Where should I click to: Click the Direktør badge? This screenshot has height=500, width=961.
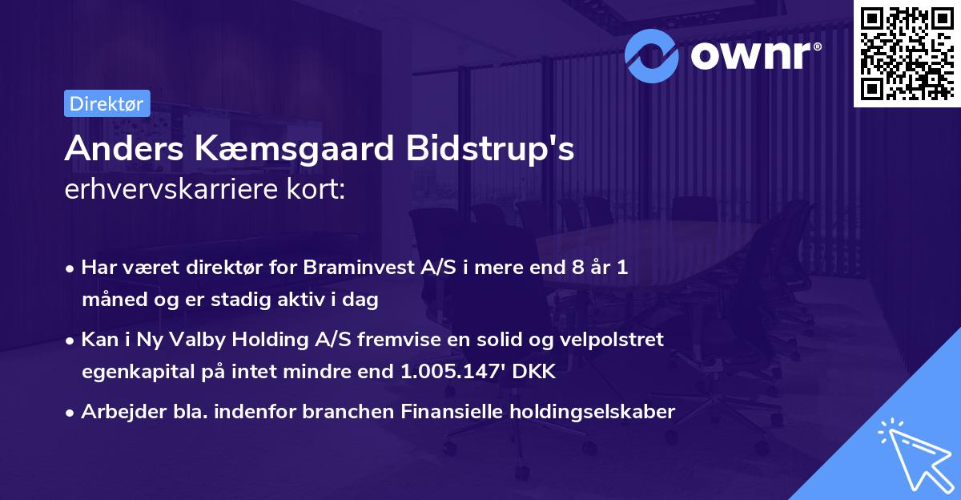pos(107,103)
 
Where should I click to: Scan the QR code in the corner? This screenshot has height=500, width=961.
pos(907,54)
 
